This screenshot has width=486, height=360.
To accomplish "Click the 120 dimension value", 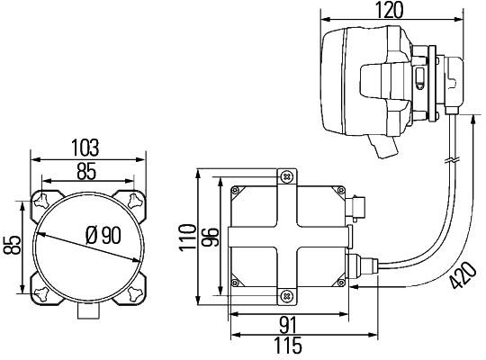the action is (390, 10).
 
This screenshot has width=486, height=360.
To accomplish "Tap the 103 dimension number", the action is (85, 148).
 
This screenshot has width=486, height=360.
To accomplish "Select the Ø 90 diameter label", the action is (103, 235).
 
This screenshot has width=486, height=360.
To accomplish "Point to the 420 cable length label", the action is (463, 275).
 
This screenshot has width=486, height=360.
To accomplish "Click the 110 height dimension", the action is (188, 238).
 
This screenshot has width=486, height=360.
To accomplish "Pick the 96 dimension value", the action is (210, 237).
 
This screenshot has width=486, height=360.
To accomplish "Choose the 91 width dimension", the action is (288, 325).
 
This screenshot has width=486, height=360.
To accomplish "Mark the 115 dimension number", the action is (288, 346).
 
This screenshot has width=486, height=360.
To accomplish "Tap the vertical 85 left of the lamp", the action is (12, 245).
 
